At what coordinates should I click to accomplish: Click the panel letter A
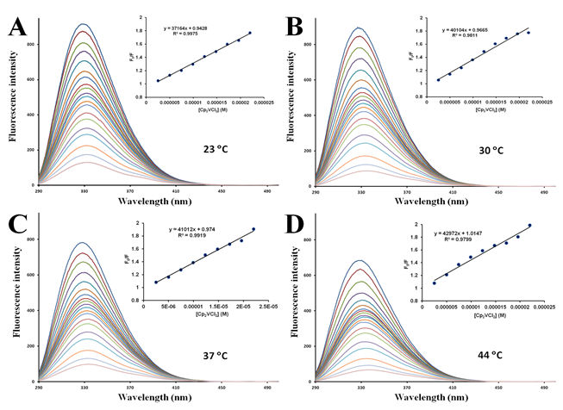click(x=16, y=27)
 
